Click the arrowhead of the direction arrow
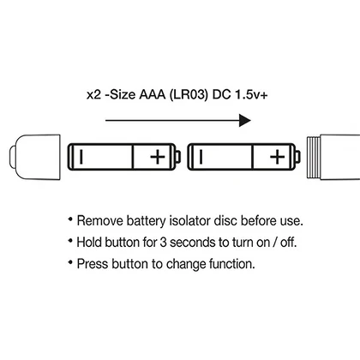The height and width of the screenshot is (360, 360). (x=245, y=120)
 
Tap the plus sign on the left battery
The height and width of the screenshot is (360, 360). (x=158, y=157)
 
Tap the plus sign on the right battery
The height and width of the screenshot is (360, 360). (x=277, y=157)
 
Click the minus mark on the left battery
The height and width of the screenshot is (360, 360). (x=81, y=157)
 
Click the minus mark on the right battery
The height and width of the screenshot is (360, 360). (x=201, y=157)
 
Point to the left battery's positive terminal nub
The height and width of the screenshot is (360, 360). (x=178, y=157)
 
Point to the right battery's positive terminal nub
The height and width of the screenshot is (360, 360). (x=298, y=157)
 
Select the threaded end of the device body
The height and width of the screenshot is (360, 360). (x=314, y=158)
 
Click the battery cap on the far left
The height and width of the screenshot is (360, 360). (x=35, y=157)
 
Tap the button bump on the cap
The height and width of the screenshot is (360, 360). (x=12, y=157)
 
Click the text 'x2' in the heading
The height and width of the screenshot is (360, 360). (x=93, y=95)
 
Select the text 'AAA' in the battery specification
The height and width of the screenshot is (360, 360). (x=153, y=94)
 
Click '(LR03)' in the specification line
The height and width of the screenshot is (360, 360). (x=189, y=94)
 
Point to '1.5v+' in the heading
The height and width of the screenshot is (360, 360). (x=251, y=95)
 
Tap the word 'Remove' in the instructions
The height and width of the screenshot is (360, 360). (x=100, y=221)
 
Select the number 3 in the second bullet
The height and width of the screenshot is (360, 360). (x=163, y=243)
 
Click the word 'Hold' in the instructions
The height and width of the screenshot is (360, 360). (x=89, y=243)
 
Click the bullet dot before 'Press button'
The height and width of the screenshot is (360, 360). (x=70, y=261)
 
